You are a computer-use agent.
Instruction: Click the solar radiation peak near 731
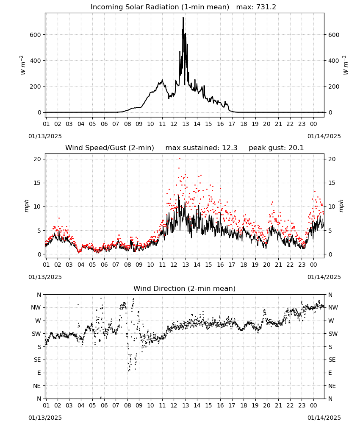coord(183,18)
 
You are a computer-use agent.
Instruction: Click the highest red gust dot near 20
coord(180,159)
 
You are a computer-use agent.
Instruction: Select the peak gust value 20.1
coord(295,148)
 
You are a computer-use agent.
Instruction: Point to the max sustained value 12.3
coord(230,148)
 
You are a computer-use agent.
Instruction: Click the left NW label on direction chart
coord(36,308)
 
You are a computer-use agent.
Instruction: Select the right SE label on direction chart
coord(332,360)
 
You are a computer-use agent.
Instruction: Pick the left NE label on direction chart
coord(37,386)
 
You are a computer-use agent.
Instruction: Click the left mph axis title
coord(26,206)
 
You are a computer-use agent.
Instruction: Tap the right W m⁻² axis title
coord(346,65)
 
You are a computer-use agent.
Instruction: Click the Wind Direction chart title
coord(185,288)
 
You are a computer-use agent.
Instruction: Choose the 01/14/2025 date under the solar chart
coord(324,136)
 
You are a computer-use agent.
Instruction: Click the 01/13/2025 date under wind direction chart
coord(45,418)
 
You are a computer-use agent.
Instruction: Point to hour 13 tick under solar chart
coord(186,124)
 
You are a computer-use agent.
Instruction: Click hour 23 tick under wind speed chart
coord(302,265)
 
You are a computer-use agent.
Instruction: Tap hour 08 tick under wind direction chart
coord(127,406)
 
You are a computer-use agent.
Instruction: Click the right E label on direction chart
coord(330,373)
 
